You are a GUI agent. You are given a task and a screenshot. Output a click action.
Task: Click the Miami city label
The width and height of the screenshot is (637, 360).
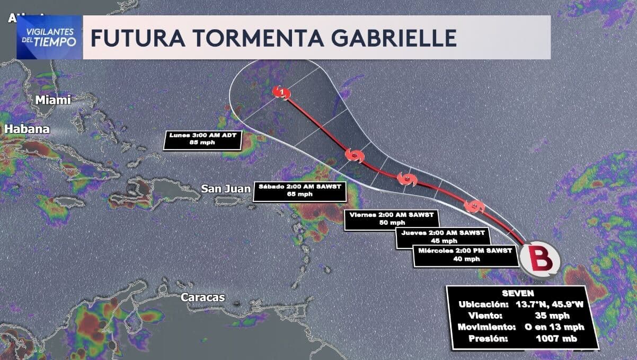click(x=52, y=100)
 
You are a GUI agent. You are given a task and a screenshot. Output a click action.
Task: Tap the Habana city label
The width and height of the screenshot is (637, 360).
click(x=28, y=129)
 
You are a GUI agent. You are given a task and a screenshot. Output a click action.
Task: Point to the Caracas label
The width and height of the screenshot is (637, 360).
click(x=203, y=297)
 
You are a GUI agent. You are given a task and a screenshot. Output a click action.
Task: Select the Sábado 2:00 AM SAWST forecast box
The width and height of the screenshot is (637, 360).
click(x=299, y=190)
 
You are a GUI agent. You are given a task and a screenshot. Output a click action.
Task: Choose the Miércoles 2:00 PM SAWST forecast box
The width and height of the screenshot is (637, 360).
click(x=465, y=254)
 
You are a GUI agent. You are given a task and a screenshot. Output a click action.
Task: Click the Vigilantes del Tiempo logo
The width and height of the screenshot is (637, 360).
click(x=50, y=37)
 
